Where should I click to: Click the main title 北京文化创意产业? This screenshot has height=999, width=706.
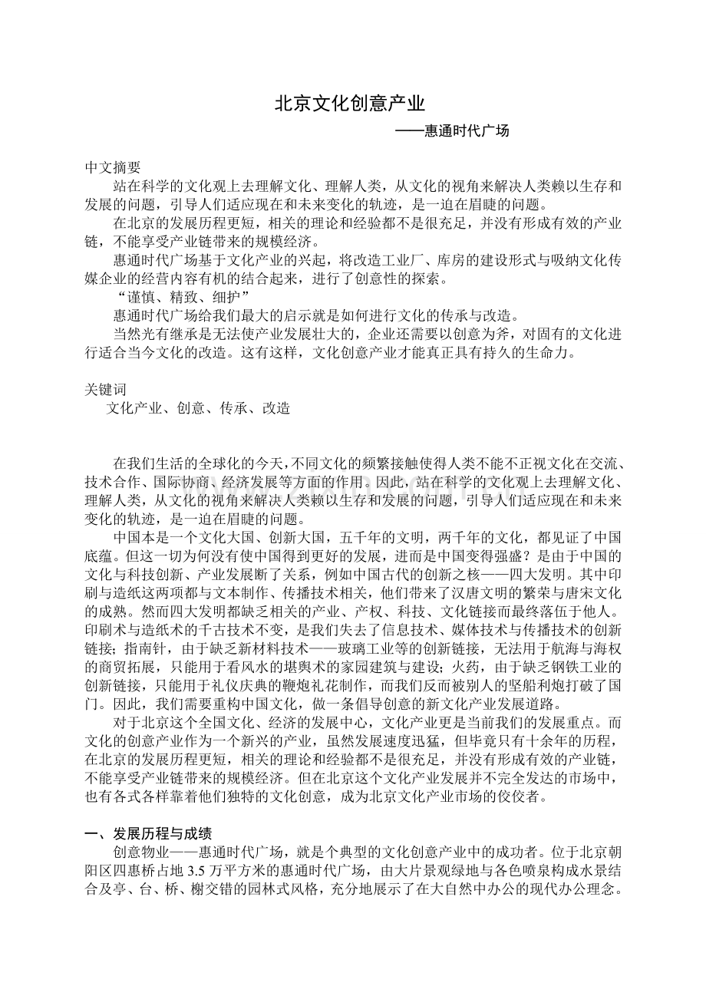tap(350, 104)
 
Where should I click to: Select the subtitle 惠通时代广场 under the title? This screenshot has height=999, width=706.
tap(467, 131)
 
